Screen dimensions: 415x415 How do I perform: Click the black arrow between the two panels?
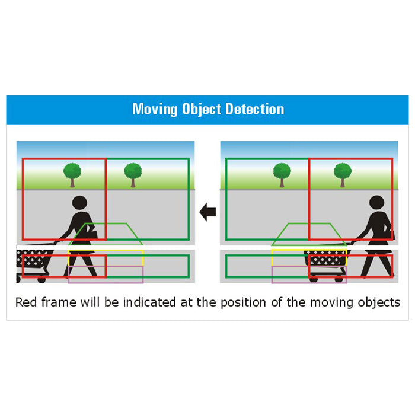pyautogui.click(x=207, y=212)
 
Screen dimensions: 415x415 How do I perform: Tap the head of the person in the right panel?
pyautogui.click(x=376, y=203)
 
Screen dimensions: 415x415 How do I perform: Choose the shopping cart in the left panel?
pyautogui.click(x=34, y=261)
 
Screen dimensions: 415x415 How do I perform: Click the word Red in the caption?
pyautogui.click(x=27, y=302)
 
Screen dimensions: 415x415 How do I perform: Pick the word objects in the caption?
pyautogui.click(x=379, y=302)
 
